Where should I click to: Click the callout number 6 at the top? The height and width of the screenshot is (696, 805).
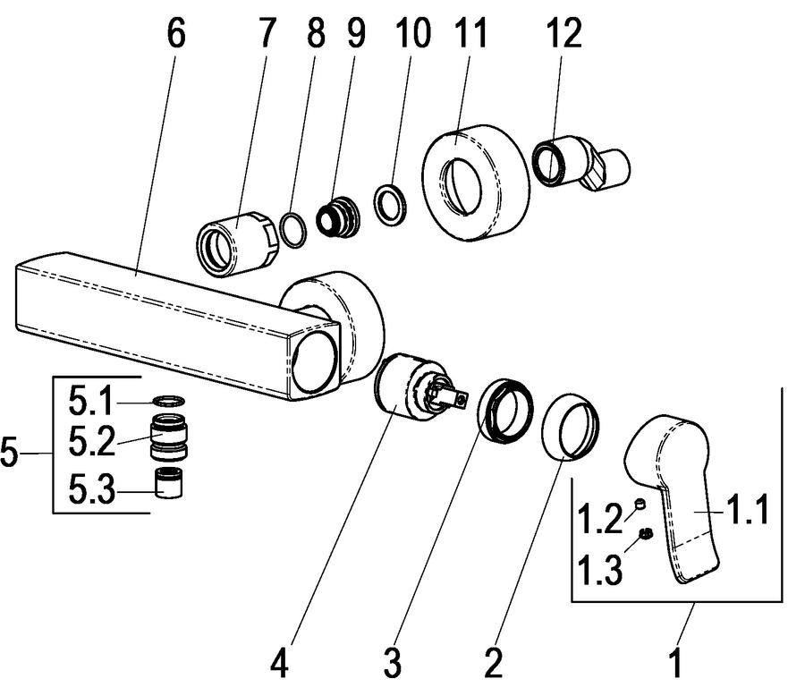(175, 33)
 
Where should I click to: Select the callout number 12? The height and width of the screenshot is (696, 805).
(563, 33)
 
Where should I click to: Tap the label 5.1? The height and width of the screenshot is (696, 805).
(90, 402)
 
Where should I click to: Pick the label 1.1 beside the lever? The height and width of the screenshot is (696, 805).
(747, 509)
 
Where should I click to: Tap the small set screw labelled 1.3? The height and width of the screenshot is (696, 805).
(646, 534)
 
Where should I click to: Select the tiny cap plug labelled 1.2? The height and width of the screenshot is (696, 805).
(640, 504)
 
